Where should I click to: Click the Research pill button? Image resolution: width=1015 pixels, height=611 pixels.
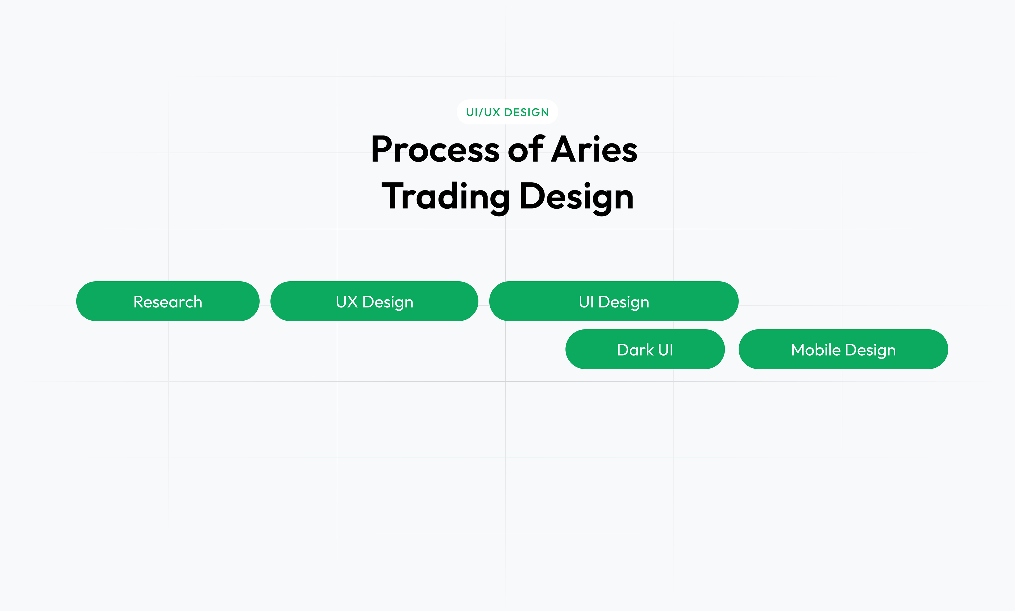click(168, 301)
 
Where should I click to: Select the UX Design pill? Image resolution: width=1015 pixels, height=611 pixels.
click(374, 301)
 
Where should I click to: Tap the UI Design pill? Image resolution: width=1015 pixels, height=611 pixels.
click(614, 301)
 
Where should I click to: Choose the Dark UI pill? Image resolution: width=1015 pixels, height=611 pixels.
click(645, 349)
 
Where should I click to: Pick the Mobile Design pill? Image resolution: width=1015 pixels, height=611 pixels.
click(843, 349)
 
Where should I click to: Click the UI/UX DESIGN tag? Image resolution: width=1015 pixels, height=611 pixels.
click(508, 112)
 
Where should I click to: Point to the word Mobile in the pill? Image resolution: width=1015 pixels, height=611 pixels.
click(816, 349)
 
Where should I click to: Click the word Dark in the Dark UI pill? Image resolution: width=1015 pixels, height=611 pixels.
click(635, 349)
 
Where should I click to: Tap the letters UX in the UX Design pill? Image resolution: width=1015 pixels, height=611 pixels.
click(347, 302)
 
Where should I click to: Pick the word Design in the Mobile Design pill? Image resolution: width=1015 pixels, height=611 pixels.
click(870, 350)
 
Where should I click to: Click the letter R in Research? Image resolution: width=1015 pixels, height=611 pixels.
click(139, 302)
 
